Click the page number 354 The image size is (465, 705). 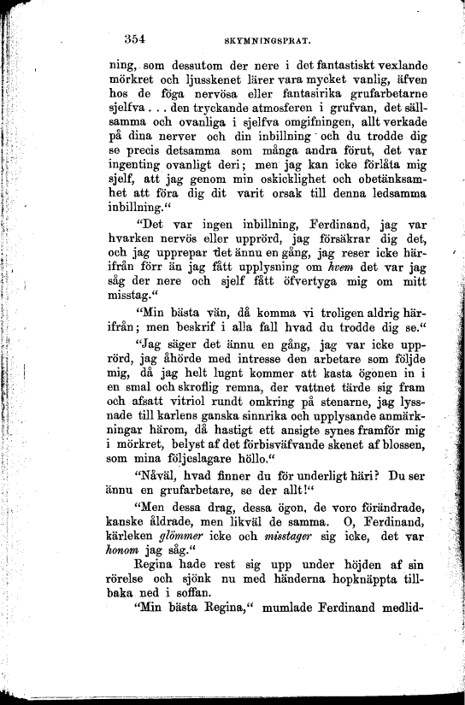[138, 38]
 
